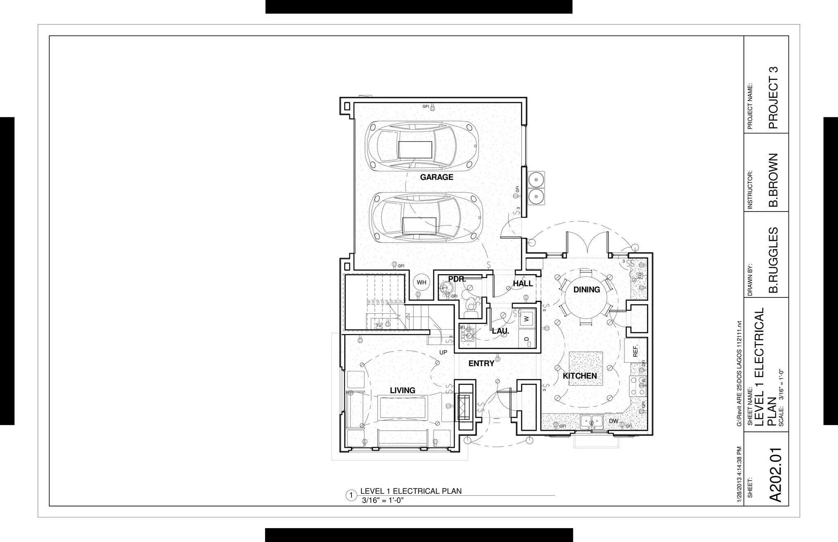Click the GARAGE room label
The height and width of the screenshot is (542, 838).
(x=437, y=177)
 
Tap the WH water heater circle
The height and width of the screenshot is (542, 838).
(x=421, y=282)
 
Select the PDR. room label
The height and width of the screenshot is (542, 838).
(x=457, y=279)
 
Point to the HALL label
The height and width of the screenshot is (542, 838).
(x=523, y=283)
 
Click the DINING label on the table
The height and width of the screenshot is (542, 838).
(x=586, y=290)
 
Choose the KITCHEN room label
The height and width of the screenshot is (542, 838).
(x=580, y=376)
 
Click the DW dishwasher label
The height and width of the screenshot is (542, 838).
(x=613, y=421)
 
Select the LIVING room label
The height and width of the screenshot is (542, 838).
(x=402, y=390)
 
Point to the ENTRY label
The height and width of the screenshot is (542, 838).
(x=481, y=363)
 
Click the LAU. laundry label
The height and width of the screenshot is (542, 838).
(x=500, y=331)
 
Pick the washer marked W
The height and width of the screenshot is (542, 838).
(x=527, y=318)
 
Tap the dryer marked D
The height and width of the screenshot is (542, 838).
(x=527, y=339)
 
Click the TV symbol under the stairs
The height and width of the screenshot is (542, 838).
(x=379, y=326)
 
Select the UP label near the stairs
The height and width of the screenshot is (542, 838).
(x=443, y=352)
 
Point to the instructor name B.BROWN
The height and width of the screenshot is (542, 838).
(x=773, y=180)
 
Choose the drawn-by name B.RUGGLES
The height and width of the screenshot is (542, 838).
(x=773, y=260)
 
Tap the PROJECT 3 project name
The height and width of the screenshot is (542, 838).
(x=773, y=98)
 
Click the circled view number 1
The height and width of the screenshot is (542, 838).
(x=351, y=496)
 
